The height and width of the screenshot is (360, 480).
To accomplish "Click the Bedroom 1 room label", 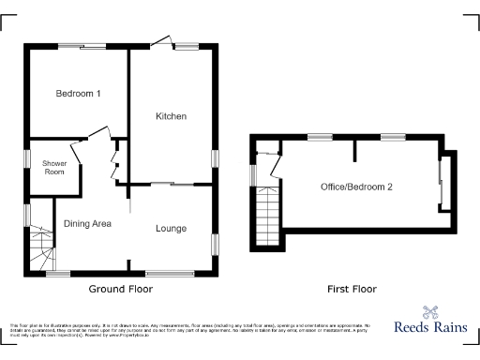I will tap(78, 94).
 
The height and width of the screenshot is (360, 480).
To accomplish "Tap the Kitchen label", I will tap(172, 116).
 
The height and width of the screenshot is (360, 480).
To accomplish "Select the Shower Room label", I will tap(53, 168).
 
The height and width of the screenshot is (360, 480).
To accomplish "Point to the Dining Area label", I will tap(88, 223).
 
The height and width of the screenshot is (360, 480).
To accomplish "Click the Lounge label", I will tap(171, 229).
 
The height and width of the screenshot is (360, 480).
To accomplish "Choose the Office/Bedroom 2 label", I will tap(355, 187).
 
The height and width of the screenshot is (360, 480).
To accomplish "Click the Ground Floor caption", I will tap(120, 289).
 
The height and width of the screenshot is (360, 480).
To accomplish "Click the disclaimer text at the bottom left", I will tap(187, 327).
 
